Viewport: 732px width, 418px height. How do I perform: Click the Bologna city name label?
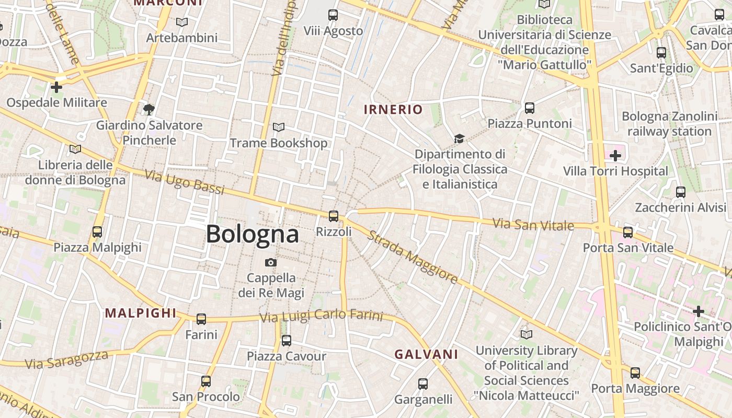[x=252, y=234]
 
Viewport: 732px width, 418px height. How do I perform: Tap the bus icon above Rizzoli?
[x=333, y=216]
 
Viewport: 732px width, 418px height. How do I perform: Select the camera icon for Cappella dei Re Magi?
[x=271, y=262]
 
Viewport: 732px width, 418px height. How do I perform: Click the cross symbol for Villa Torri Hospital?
[x=615, y=155]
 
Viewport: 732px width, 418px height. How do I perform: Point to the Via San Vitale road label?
[x=533, y=225]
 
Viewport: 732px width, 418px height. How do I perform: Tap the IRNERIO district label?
[x=393, y=109]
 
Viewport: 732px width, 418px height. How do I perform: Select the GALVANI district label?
[x=426, y=354]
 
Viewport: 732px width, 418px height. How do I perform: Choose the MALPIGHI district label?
[x=141, y=313]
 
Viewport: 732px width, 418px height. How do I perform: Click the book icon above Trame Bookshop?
[x=279, y=127]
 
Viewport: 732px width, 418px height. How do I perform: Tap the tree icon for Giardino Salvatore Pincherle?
[x=149, y=109]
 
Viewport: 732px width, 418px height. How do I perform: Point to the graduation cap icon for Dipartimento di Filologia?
[x=459, y=138]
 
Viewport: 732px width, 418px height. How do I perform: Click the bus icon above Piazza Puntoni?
[x=530, y=108]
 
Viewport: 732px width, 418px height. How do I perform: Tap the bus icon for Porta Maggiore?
[x=635, y=373]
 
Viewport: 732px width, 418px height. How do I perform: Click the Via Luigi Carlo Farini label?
[x=322, y=316]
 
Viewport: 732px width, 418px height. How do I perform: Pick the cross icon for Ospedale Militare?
[x=56, y=87]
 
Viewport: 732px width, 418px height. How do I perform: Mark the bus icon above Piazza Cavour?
[x=286, y=341]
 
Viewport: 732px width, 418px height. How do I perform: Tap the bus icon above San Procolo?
[x=206, y=381]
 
